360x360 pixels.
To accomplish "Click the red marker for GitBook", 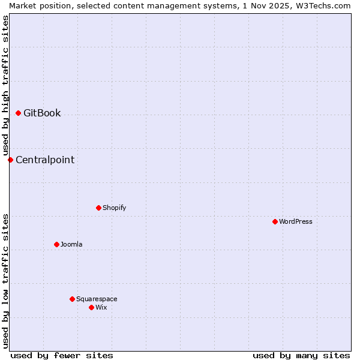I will pos(18,113).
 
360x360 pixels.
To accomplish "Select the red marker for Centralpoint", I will pos(10,160).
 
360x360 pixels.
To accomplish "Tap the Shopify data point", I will pos(98,208).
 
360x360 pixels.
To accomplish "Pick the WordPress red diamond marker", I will pos(275,221).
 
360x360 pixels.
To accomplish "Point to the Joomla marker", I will pos(56,244).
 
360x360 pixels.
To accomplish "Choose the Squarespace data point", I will pos(72,299).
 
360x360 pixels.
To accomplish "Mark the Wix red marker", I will pos(91,307).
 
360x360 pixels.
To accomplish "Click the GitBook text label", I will pos(42,113).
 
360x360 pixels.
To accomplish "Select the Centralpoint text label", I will pos(45,160).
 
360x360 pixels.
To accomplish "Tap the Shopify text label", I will pos(114,208).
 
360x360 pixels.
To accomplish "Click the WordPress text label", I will pos(295,221).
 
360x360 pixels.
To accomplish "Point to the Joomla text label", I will pos(71,244).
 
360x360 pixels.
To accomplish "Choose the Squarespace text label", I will pos(97,299).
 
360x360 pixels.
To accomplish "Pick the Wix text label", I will pos(101,307).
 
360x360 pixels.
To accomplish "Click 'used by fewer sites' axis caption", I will pos(62,355).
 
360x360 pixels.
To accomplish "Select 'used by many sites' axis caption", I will pos(301,355).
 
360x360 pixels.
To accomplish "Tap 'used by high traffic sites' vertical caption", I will pos(5,85).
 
